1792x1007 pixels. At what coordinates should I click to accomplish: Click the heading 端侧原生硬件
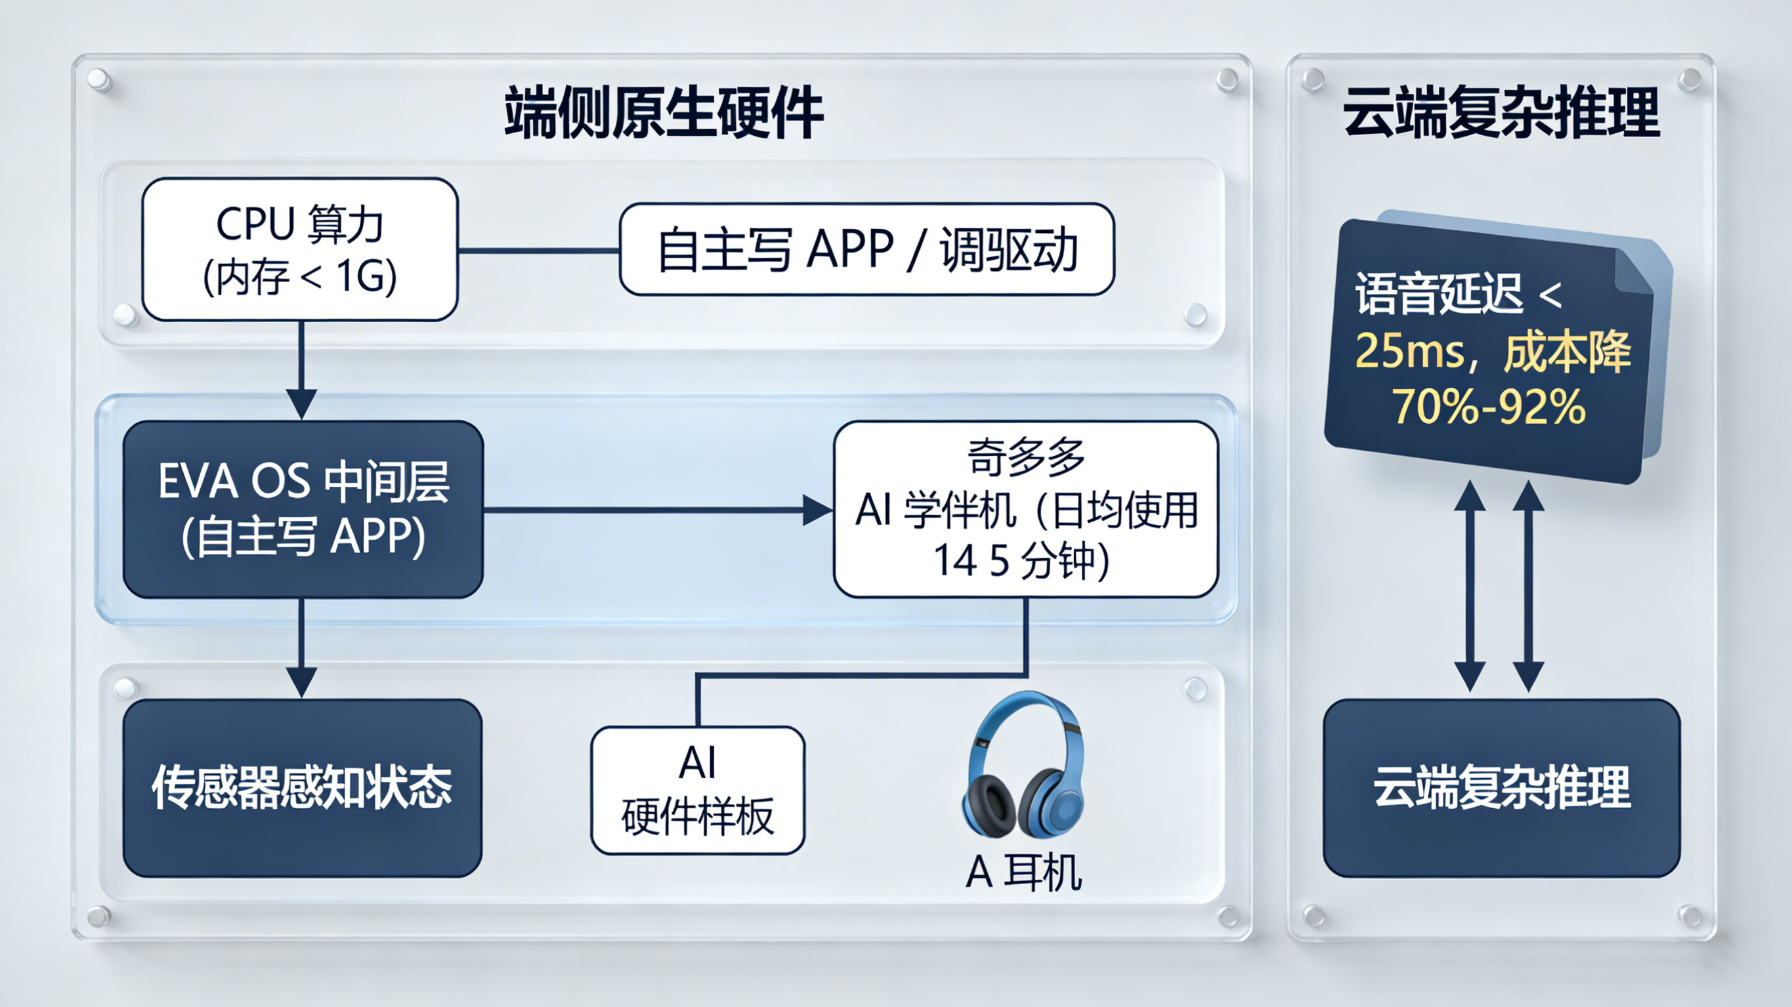click(664, 113)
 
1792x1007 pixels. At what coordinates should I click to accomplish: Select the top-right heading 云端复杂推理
click(1501, 113)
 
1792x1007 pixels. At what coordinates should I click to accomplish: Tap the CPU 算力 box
click(300, 249)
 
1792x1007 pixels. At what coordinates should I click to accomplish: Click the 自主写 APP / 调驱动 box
click(866, 249)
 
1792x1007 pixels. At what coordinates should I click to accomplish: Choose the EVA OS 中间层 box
click(303, 509)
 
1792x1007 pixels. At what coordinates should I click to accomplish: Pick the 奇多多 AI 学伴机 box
click(1025, 509)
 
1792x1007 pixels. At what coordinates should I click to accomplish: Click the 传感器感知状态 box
click(303, 787)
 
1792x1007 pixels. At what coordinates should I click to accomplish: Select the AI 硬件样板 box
click(698, 790)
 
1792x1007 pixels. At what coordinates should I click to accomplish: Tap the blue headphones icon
click(1023, 765)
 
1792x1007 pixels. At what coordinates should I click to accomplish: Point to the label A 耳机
click(1023, 872)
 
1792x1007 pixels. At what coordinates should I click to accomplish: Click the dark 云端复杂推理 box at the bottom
click(1501, 787)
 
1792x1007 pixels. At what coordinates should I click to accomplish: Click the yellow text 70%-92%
click(1489, 406)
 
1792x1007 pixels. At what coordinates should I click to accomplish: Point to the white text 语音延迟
click(1439, 295)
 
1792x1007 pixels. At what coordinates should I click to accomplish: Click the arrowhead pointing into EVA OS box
click(301, 403)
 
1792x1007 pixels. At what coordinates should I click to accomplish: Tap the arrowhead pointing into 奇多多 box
click(817, 510)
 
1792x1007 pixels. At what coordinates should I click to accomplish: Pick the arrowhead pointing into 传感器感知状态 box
click(301, 682)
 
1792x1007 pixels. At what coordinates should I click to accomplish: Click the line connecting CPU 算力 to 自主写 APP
click(538, 251)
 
